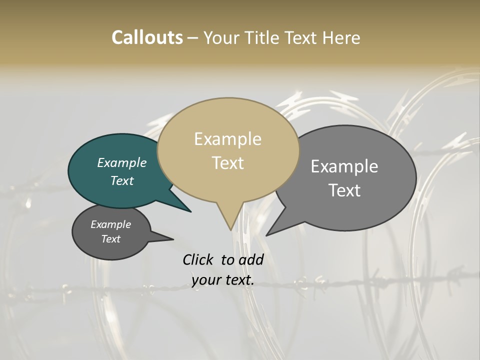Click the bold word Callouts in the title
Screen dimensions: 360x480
[x=147, y=37]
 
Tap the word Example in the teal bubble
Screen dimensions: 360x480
[x=122, y=162]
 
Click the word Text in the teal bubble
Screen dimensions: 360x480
[x=122, y=180]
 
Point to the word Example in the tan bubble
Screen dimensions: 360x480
[x=227, y=139]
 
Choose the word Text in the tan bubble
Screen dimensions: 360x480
[x=227, y=163]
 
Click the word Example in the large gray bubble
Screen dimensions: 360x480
[x=344, y=166]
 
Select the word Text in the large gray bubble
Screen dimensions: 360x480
[x=344, y=190]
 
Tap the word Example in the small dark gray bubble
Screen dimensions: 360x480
[x=110, y=224]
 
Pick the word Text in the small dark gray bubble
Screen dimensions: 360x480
[x=110, y=239]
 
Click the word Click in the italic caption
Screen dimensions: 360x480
[x=198, y=259]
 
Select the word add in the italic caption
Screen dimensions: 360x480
[x=251, y=259]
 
